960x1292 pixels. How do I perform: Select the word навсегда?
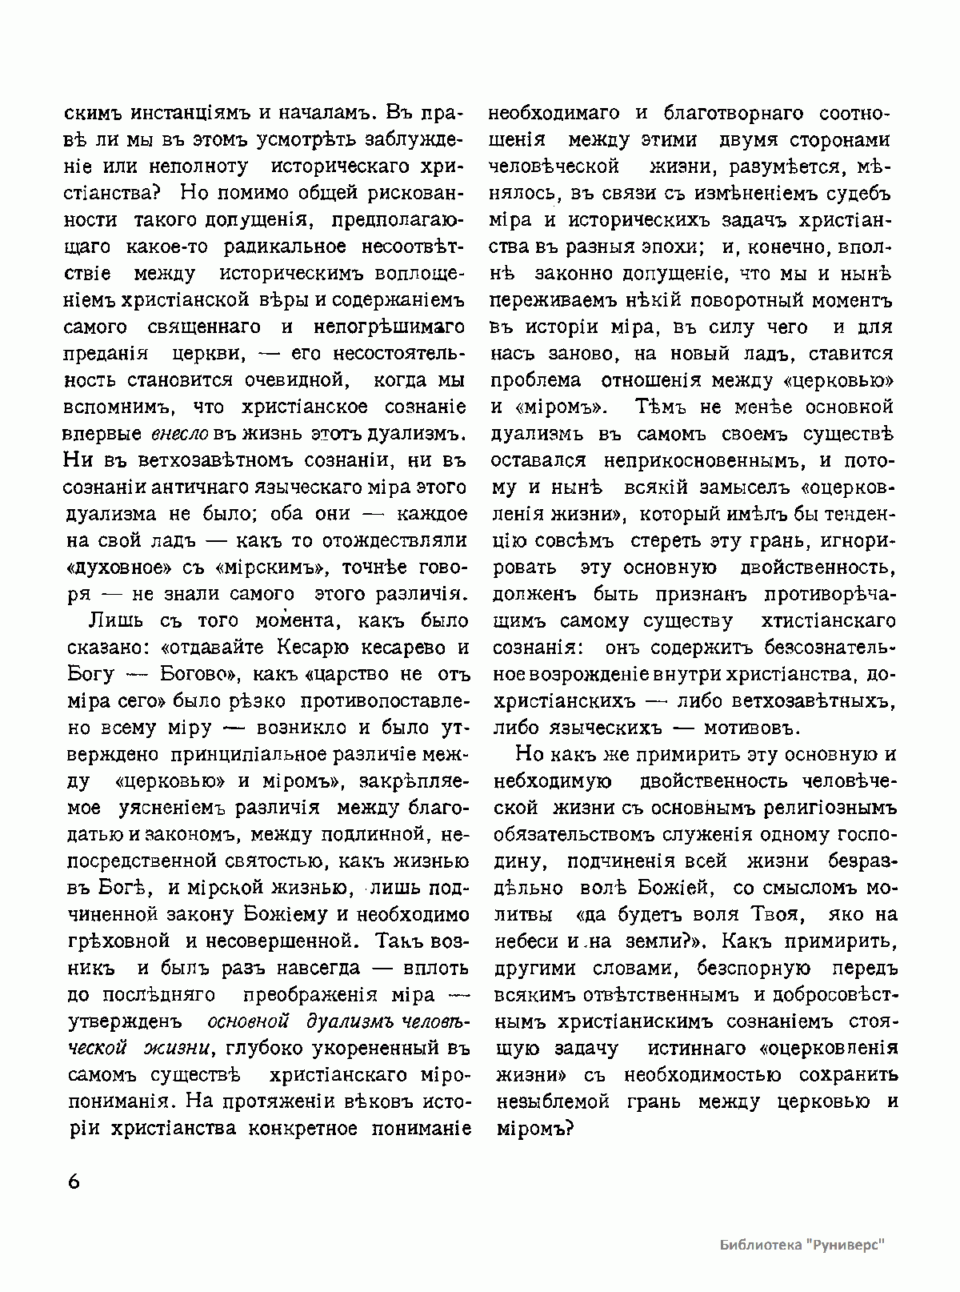click(x=307, y=968)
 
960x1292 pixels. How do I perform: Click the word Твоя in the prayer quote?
click(x=774, y=914)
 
